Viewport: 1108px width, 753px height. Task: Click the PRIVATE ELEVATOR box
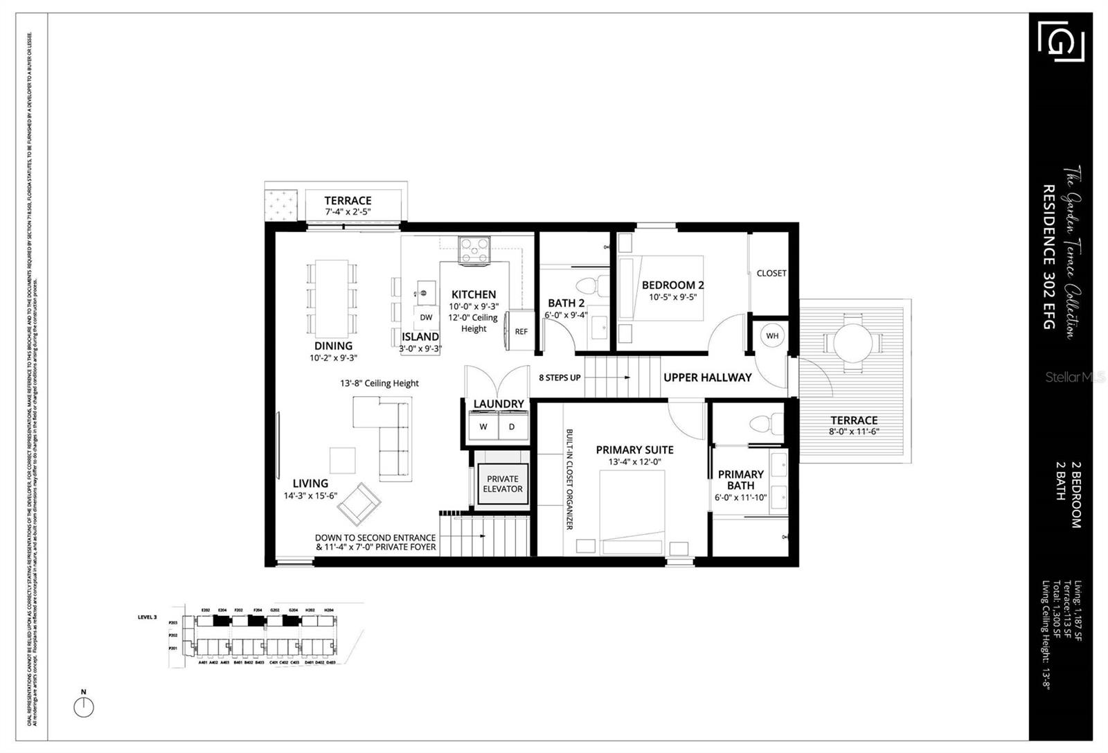click(x=503, y=484)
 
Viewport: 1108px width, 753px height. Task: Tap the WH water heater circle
click(x=772, y=336)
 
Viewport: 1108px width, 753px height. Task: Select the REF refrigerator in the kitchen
click(x=521, y=331)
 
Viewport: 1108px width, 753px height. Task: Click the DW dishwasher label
click(x=426, y=317)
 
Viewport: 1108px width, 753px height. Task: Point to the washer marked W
click(x=483, y=427)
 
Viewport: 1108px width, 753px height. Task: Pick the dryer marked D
click(x=512, y=427)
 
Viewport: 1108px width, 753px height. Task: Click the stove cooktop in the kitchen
click(x=474, y=250)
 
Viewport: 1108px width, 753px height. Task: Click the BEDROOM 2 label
click(x=672, y=285)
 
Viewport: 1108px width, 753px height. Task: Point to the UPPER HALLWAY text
click(x=707, y=378)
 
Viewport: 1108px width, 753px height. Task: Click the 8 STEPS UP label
click(x=560, y=378)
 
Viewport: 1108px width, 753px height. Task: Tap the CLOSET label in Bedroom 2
click(x=771, y=273)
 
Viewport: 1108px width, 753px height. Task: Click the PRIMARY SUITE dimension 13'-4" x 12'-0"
click(x=634, y=461)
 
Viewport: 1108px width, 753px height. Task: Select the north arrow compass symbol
click(x=84, y=707)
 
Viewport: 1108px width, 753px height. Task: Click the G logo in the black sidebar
click(x=1061, y=41)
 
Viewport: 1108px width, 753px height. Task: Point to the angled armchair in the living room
click(x=359, y=504)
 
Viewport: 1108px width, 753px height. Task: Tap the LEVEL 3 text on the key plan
click(x=148, y=617)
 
